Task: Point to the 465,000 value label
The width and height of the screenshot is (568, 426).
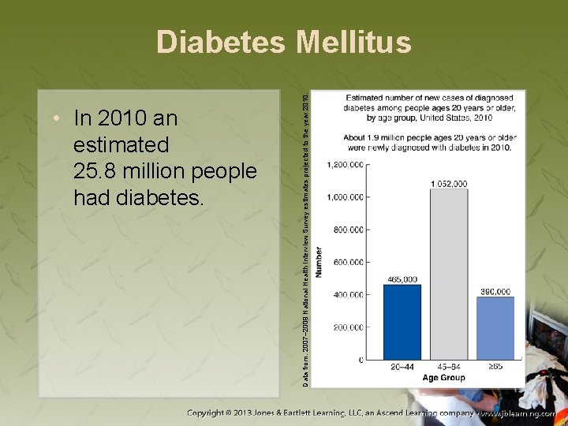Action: [x=402, y=279]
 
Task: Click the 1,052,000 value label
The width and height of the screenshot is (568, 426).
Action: [x=448, y=184]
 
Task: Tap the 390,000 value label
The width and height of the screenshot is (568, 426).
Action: [x=495, y=291]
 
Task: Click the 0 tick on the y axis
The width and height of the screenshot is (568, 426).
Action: [x=361, y=360]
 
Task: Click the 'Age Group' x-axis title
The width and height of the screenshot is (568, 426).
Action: [x=443, y=378]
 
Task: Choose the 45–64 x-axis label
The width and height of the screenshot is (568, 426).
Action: [x=448, y=367]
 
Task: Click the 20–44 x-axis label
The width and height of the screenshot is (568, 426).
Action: [x=402, y=367]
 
